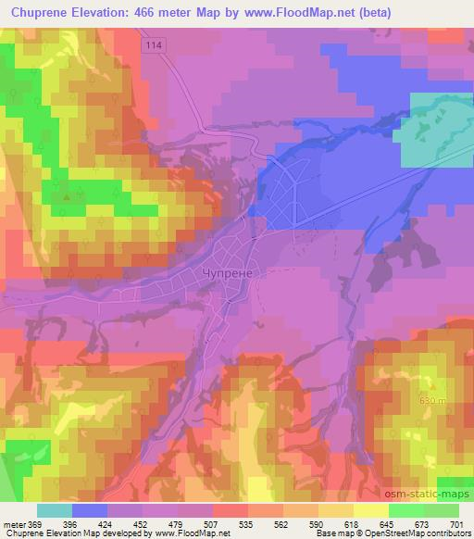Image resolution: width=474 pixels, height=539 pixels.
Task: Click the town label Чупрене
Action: tap(227, 272)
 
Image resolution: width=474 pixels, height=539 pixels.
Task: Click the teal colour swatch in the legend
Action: tap(55, 510)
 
